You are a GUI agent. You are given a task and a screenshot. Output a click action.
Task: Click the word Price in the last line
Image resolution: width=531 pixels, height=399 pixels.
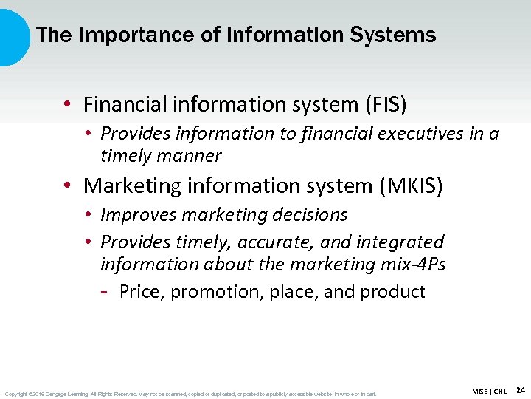pos(141,292)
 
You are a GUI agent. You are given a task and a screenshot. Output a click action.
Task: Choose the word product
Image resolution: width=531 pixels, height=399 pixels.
pos(392,292)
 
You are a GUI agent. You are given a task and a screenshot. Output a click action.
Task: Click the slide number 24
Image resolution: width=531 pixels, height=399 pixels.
pos(520,389)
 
